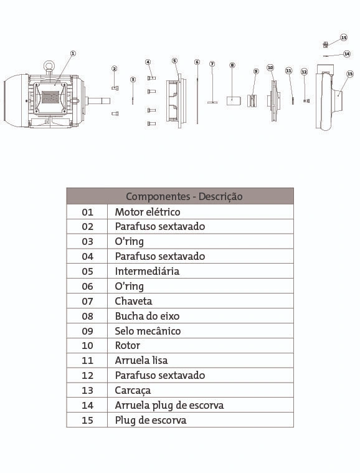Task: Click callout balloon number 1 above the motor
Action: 73,54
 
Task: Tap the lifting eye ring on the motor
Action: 49,65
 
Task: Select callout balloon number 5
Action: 174,60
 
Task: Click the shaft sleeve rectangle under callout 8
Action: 234,101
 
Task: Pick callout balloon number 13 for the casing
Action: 350,74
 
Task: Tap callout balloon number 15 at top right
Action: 344,37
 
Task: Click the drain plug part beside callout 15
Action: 325,45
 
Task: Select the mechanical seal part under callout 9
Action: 252,101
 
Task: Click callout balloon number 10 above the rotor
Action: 270,67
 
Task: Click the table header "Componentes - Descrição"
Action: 184,196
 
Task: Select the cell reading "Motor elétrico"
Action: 148,212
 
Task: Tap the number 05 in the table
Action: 87,271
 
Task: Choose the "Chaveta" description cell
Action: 133,301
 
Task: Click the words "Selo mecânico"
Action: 148,331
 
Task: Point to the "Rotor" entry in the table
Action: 128,345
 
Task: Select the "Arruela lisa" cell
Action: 141,360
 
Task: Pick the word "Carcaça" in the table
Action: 133,390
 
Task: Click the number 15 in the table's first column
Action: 87,420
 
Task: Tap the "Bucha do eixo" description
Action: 147,316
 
